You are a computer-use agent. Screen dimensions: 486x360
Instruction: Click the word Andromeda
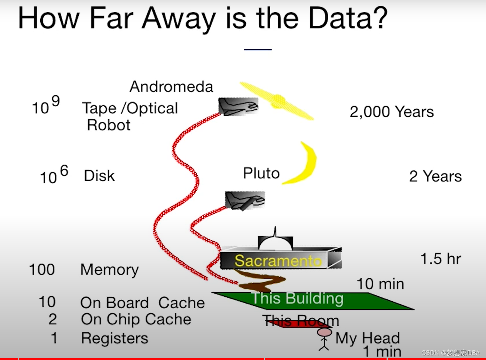(171, 87)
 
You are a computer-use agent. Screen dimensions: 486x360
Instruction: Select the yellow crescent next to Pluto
(303, 163)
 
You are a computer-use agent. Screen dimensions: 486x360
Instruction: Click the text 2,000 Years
(392, 112)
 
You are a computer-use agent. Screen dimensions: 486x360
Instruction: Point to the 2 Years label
(435, 176)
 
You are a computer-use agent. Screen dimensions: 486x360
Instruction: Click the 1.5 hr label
(441, 259)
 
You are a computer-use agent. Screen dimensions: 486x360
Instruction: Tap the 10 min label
(380, 284)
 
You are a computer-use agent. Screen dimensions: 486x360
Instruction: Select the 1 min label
(382, 352)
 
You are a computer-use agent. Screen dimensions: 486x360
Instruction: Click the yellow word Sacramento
(278, 261)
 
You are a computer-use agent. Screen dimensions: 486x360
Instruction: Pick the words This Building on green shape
(297, 298)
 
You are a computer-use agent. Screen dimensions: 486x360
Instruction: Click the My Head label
(367, 338)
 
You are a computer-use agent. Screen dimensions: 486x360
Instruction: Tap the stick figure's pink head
(324, 332)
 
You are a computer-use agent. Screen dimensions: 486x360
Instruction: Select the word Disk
(99, 176)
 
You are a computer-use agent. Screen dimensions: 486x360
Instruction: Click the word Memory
(109, 270)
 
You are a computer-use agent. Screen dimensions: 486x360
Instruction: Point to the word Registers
(114, 338)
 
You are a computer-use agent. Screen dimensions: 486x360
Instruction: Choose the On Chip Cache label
(136, 319)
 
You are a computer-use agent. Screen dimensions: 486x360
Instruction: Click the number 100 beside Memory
(42, 269)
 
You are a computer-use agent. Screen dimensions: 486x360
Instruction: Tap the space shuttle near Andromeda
(238, 106)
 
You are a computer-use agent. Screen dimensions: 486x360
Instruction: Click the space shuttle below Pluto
(245, 200)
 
